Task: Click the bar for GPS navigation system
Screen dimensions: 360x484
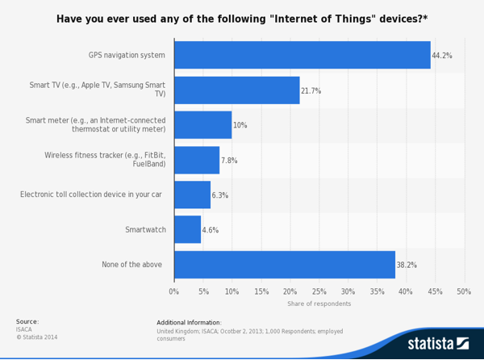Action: click(x=302, y=55)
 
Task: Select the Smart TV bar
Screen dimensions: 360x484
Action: click(x=236, y=90)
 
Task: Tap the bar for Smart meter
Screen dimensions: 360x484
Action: click(x=202, y=125)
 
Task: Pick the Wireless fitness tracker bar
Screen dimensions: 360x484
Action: click(x=196, y=160)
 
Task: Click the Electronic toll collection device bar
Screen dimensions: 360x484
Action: click(x=192, y=195)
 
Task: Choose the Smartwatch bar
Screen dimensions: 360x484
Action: click(x=187, y=229)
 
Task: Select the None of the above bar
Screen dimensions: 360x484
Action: click(x=284, y=264)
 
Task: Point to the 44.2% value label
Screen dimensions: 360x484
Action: click(x=442, y=56)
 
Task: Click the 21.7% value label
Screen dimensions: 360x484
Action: click(x=311, y=91)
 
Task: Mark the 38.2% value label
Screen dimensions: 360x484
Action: click(x=407, y=265)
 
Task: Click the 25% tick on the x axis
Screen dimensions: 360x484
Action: click(x=319, y=291)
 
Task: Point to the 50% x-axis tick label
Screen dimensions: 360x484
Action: click(x=464, y=291)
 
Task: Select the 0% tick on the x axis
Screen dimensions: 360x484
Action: click(x=174, y=291)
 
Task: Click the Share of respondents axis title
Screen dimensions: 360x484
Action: click(x=319, y=303)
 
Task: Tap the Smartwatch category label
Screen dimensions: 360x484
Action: click(x=145, y=230)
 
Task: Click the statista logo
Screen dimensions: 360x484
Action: click(x=437, y=343)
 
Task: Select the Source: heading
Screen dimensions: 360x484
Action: click(x=27, y=321)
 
